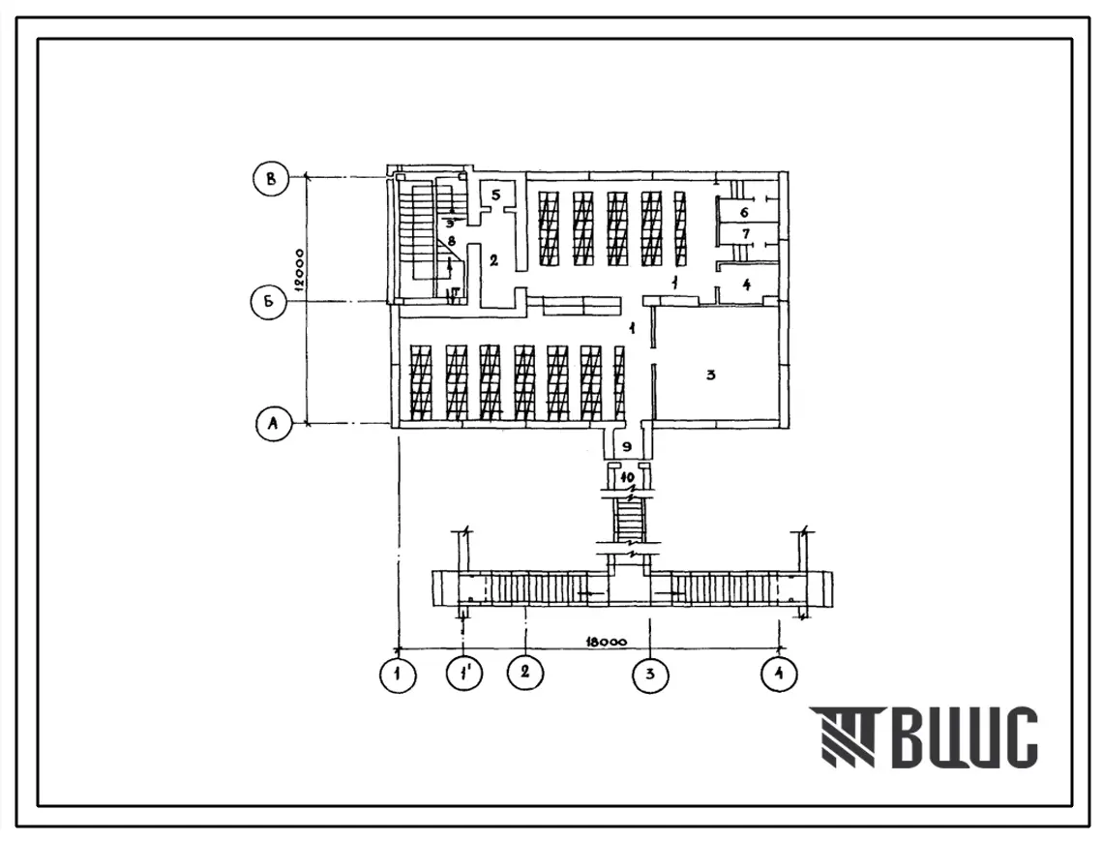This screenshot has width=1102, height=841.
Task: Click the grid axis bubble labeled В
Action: [x=271, y=179]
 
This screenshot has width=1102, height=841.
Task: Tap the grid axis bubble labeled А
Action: [x=274, y=423]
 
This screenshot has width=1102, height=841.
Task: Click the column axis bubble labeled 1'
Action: [x=464, y=675]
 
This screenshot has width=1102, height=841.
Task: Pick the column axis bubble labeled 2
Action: [x=525, y=673]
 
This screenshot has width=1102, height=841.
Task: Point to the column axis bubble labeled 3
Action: [x=651, y=675]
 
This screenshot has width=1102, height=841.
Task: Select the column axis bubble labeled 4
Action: [x=780, y=675]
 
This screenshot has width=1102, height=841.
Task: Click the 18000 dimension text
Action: [x=605, y=642]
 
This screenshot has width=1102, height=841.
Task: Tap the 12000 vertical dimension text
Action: [x=299, y=269]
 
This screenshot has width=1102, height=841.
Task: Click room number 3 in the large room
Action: [x=710, y=375]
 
